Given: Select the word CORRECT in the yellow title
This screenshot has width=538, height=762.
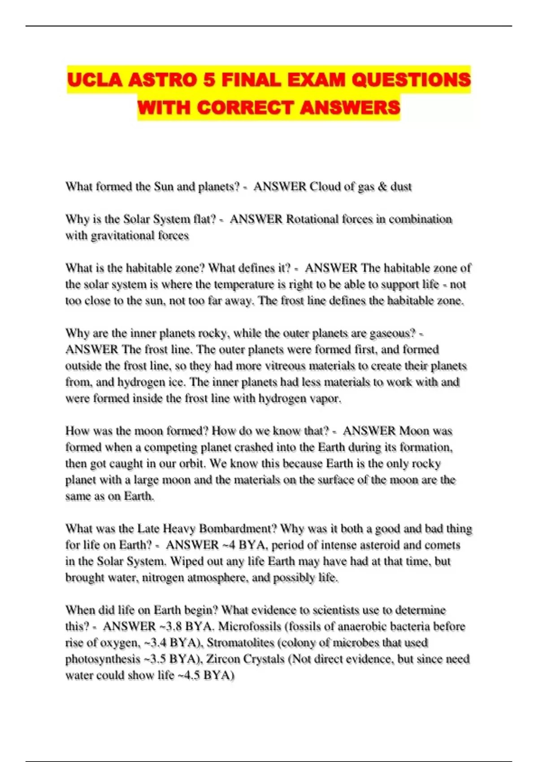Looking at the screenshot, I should coord(246,108).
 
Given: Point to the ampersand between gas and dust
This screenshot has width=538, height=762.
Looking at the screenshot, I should coord(382,186).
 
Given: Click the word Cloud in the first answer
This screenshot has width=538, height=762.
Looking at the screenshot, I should coord(325,186).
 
